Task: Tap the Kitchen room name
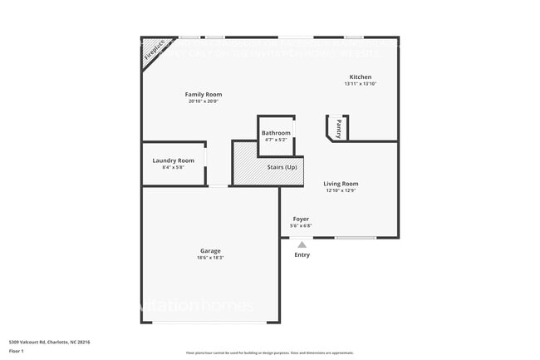click(x=360, y=76)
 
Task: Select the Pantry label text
click(x=339, y=129)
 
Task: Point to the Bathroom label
click(x=276, y=133)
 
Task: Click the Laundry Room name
click(x=174, y=160)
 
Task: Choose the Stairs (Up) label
click(x=282, y=167)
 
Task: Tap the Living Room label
click(x=341, y=183)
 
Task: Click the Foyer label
click(x=301, y=219)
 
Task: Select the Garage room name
click(x=210, y=250)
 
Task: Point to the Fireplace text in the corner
click(x=155, y=51)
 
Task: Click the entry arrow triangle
click(x=302, y=244)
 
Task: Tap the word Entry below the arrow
click(x=302, y=254)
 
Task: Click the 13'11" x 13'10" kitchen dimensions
click(x=360, y=84)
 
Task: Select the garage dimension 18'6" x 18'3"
click(x=210, y=258)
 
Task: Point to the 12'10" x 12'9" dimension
click(x=341, y=190)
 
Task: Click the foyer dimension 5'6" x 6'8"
click(x=301, y=225)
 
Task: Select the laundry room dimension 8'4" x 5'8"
click(x=174, y=167)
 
